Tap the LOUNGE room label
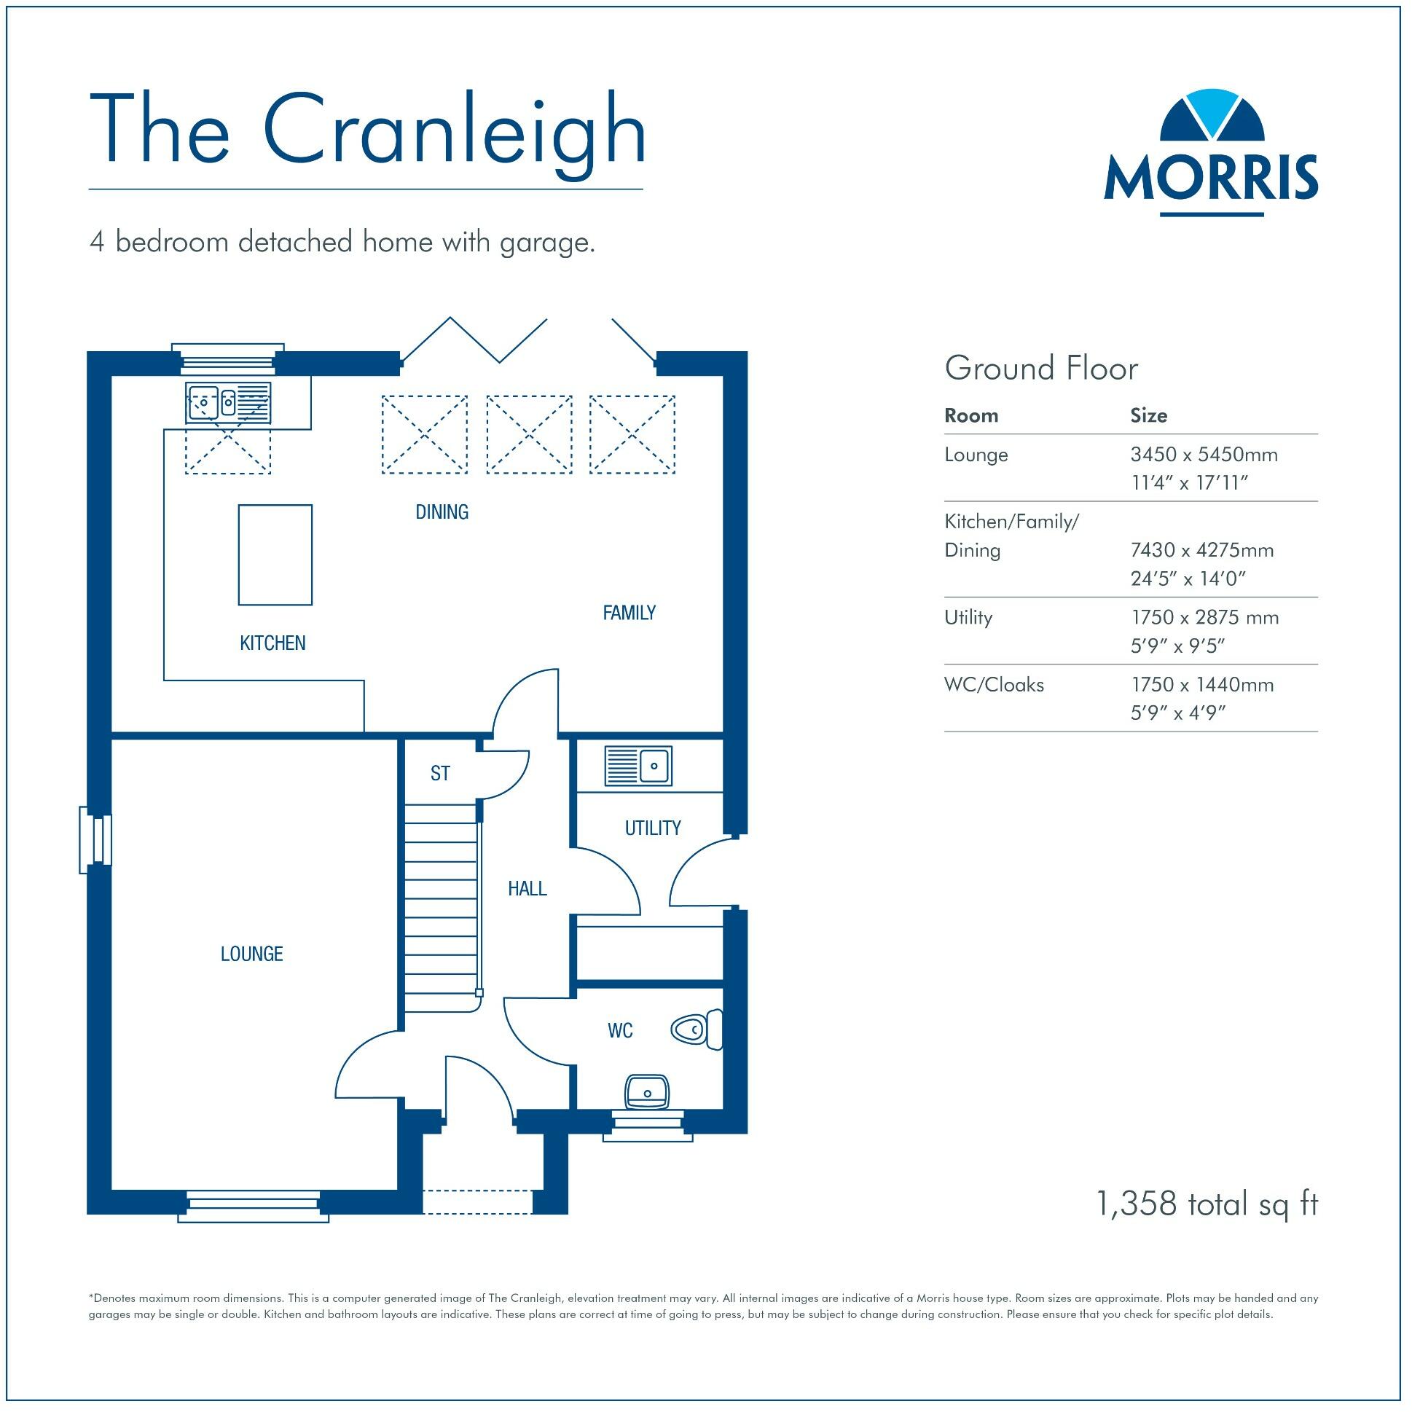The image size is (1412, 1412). click(251, 954)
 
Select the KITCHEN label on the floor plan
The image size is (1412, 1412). click(272, 643)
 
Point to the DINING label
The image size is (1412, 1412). click(442, 512)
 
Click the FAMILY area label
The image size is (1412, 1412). click(629, 613)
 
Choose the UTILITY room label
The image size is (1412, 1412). click(652, 828)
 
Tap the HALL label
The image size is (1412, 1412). click(527, 889)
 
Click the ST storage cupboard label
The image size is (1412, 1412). click(440, 773)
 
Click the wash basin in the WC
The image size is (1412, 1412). click(647, 1092)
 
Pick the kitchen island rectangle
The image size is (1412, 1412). click(275, 554)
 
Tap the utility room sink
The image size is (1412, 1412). click(638, 766)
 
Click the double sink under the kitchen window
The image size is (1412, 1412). click(227, 403)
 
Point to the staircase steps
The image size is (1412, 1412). click(442, 906)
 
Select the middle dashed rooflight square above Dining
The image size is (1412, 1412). click(529, 434)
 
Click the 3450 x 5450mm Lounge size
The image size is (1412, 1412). click(1204, 455)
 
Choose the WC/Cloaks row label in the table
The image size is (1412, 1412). click(994, 685)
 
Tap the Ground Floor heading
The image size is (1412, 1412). click(1040, 369)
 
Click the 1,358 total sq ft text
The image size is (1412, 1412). click(1207, 1204)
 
